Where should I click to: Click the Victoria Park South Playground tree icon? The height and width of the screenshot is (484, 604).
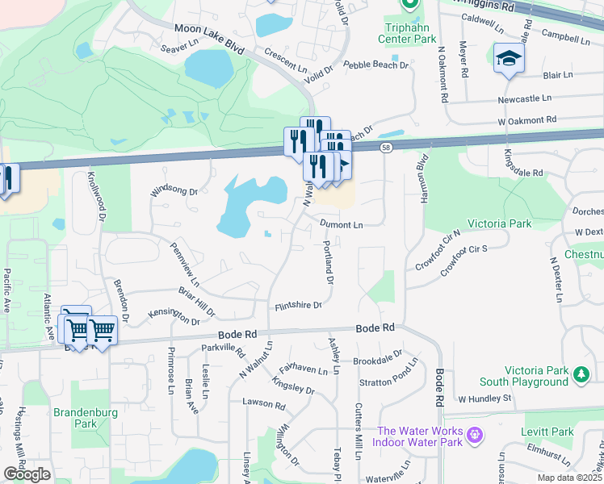click(580, 374)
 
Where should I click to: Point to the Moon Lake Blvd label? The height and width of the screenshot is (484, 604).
click(209, 39)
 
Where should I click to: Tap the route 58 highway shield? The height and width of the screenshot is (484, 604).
click(386, 147)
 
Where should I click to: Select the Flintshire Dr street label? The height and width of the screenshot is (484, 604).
click(298, 305)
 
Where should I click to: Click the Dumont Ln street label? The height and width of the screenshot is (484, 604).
click(341, 225)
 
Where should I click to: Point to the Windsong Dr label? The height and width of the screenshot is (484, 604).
click(174, 192)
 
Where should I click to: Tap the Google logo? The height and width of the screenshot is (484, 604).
click(27, 474)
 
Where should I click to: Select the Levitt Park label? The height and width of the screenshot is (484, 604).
click(547, 432)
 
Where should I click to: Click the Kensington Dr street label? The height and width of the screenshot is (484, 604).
click(174, 321)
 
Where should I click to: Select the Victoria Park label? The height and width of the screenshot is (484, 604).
click(499, 223)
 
